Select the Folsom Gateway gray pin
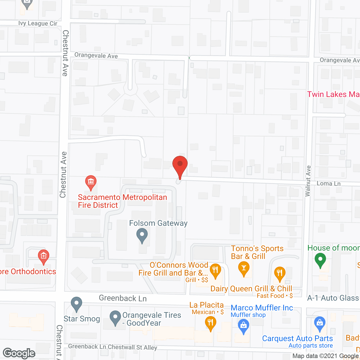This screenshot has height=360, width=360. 142,235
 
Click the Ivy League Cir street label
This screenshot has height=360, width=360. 38,23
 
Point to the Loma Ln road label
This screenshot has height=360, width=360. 328,184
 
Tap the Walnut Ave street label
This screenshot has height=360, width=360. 308,181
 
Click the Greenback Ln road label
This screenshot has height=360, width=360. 123,298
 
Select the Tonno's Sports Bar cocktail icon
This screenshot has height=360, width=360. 244,268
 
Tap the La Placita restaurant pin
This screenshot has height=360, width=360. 210,323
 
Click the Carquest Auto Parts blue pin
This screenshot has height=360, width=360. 320,323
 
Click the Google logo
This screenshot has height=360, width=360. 19,353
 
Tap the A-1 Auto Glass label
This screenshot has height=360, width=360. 334,298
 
